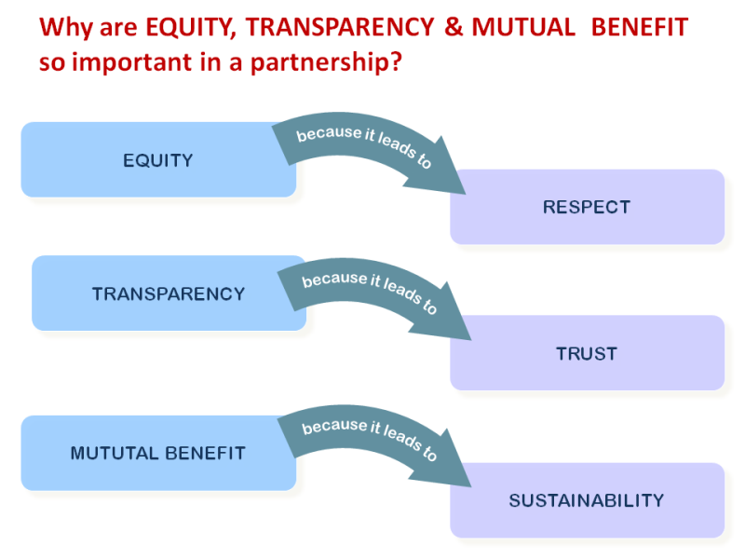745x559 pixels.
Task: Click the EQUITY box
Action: pos(158,160)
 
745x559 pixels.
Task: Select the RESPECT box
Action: pos(587,207)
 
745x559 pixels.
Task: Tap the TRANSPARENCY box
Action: pos(169,293)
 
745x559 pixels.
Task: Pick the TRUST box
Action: pos(587,353)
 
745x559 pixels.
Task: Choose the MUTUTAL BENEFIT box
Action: pos(158,454)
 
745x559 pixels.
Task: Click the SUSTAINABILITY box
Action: pos(587,500)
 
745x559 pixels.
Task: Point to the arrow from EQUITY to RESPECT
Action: pos(363,144)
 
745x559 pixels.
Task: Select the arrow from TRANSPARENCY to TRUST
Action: pos(368,289)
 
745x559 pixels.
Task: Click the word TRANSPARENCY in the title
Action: pos(334,26)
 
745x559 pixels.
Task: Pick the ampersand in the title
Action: pos(454,26)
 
